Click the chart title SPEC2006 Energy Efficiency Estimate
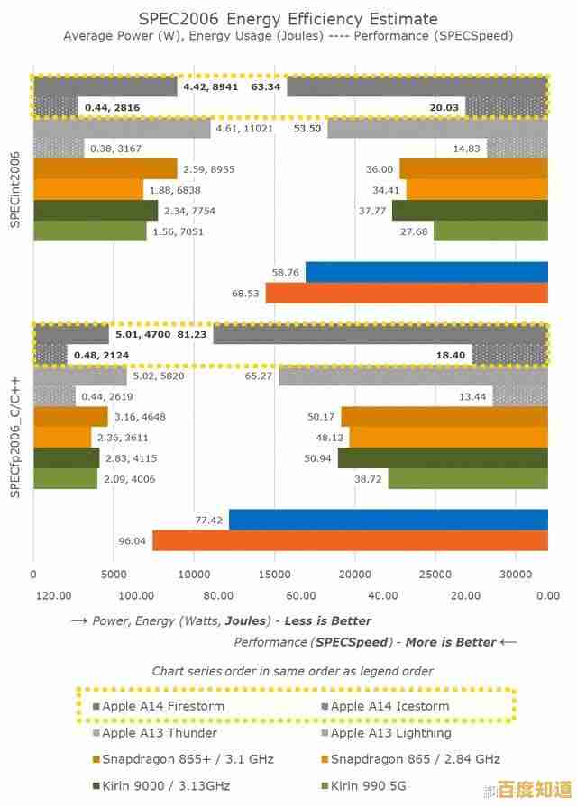pyautogui.click(x=288, y=18)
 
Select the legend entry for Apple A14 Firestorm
pyautogui.click(x=162, y=706)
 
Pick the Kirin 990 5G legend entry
pyautogui.click(x=379, y=785)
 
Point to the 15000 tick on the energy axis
pyautogui.click(x=274, y=574)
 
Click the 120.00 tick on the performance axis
pyautogui.click(x=54, y=595)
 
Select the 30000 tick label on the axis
pyautogui.click(x=516, y=574)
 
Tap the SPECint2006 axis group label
pyautogui.click(x=14, y=189)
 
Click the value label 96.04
pyautogui.click(x=132, y=541)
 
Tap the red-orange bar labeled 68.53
pyautogui.click(x=407, y=294)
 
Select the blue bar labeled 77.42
pyautogui.click(x=388, y=520)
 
